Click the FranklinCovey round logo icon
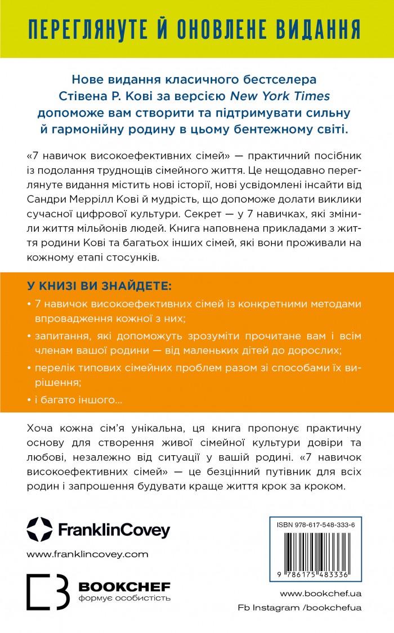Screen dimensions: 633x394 pos(39,529)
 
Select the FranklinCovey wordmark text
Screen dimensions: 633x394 pos(112,529)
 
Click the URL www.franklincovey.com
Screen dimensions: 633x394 pos(87,554)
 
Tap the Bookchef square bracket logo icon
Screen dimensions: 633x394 pos(48,592)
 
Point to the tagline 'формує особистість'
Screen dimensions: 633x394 pos(124,598)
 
